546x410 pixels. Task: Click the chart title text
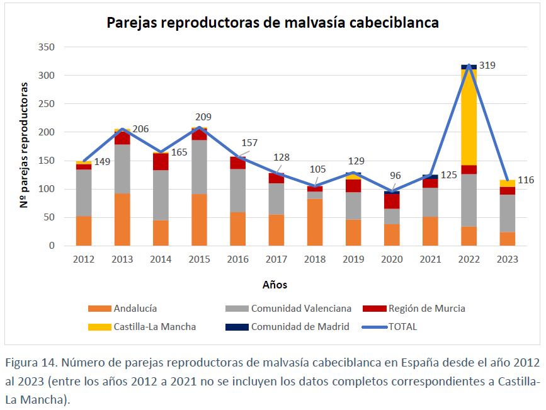pos(273,23)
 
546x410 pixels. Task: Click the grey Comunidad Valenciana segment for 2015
pos(200,167)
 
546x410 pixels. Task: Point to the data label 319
pos(487,65)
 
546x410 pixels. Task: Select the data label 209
pos(203,117)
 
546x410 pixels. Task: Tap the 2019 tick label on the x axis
pos(353,259)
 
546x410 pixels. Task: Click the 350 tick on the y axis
pos(47,47)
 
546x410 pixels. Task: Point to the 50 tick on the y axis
pos(49,217)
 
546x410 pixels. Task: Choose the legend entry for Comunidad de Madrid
pos(300,326)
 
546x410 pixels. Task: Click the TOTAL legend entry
pos(402,326)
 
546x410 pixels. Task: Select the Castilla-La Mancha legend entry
pos(154,326)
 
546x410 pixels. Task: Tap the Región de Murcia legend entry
pos(426,308)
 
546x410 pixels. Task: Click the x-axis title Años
pos(275,285)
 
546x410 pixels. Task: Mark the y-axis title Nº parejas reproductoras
pos(23,145)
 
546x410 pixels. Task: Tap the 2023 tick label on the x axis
pos(507,259)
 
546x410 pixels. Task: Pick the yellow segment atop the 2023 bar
pos(507,183)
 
